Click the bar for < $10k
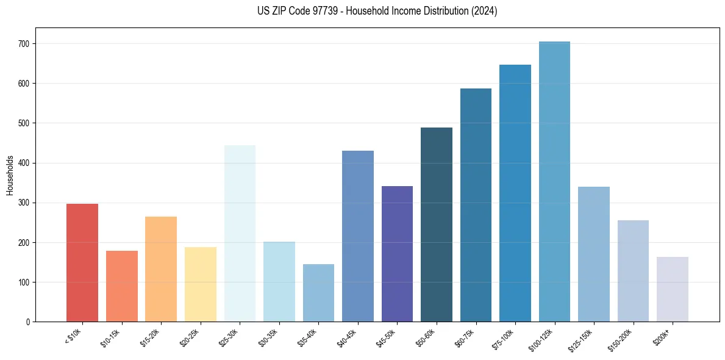coord(82,262)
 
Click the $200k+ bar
coord(673,289)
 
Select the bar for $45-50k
coord(397,254)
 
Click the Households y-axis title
coord(10,175)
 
